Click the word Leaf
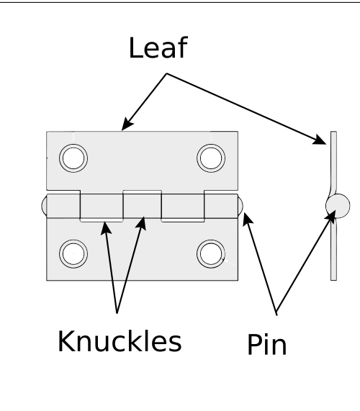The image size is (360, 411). (x=158, y=48)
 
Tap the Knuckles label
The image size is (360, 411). (x=120, y=341)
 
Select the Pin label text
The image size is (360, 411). (x=267, y=344)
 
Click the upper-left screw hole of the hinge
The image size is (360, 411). (x=73, y=158)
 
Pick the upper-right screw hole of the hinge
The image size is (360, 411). (x=211, y=158)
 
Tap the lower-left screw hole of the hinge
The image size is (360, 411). (x=73, y=254)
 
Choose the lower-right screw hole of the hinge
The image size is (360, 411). (x=211, y=254)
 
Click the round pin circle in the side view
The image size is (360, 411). (x=338, y=206)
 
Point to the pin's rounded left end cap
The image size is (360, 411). (x=44, y=206)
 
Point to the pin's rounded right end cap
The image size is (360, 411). (x=240, y=206)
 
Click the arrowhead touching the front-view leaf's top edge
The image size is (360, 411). (x=127, y=125)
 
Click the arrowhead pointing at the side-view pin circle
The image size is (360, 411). (x=331, y=217)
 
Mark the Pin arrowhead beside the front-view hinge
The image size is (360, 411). (x=247, y=219)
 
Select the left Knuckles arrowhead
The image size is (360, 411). (x=106, y=228)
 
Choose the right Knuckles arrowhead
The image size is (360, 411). (x=141, y=223)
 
